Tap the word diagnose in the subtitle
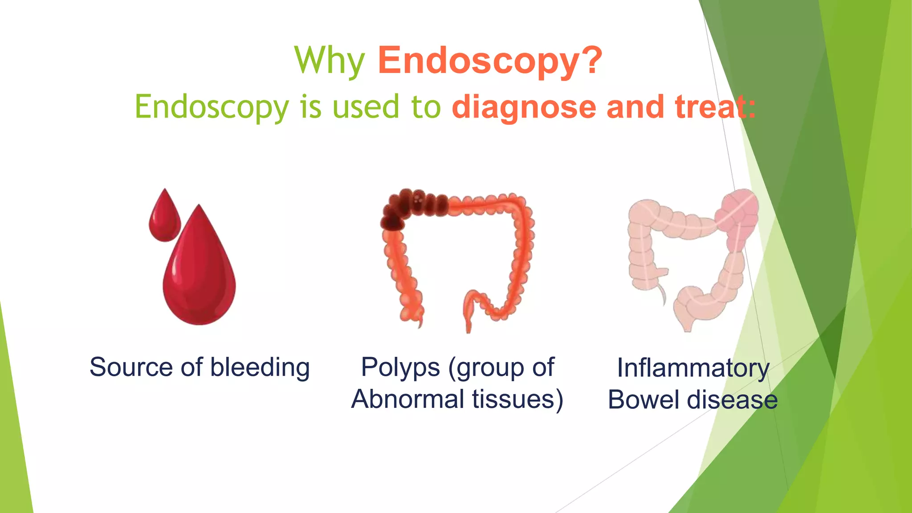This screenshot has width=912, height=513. point(524,107)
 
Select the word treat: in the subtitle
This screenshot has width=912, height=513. point(715,107)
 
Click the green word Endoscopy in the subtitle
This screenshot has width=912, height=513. point(212,108)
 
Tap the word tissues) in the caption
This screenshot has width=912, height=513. point(518,399)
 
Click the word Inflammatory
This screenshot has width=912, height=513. point(693,369)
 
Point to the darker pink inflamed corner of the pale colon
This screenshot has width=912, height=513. point(737,214)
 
